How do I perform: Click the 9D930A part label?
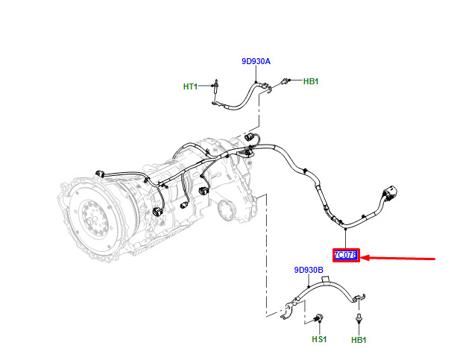point(256,61)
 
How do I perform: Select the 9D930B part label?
point(309,270)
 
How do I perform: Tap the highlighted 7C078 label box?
point(346,255)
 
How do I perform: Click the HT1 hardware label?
point(190,86)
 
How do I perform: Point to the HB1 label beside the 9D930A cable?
point(311,81)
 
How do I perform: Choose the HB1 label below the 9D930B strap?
point(359,340)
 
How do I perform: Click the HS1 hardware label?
point(319,339)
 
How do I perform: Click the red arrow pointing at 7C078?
point(397,258)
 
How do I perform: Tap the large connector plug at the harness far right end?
point(389,193)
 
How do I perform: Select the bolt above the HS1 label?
point(318,318)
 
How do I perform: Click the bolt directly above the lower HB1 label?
point(359,318)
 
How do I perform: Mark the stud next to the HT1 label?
point(216,86)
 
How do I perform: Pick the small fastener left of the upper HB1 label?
point(285,80)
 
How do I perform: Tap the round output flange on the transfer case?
point(226,210)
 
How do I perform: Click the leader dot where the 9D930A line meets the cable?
point(256,81)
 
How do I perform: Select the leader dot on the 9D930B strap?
point(309,287)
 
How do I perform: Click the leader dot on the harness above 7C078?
point(346,229)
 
